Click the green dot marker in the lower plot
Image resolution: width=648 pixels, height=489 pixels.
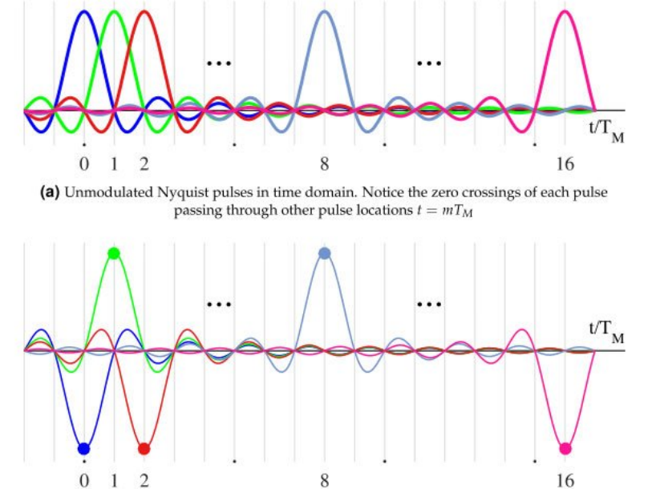coord(114,253)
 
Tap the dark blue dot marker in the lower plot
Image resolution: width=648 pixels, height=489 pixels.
coord(83,448)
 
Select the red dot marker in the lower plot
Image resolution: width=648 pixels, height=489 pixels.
coord(144,448)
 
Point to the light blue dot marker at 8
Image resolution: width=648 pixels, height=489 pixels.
coord(324,253)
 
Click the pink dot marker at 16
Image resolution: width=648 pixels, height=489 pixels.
coord(565,448)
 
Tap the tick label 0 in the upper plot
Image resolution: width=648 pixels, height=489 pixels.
coord(84,166)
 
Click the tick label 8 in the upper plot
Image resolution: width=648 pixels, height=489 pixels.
coord(324,166)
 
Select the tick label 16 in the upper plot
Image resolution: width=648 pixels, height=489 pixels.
coord(565,166)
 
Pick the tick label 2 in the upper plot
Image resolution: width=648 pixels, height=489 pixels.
coord(144,166)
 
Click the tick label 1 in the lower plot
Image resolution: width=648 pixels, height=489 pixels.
coord(114,480)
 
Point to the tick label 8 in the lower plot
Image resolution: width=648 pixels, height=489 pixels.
coord(324,480)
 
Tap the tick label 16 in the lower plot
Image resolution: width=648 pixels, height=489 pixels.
coord(565,480)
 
